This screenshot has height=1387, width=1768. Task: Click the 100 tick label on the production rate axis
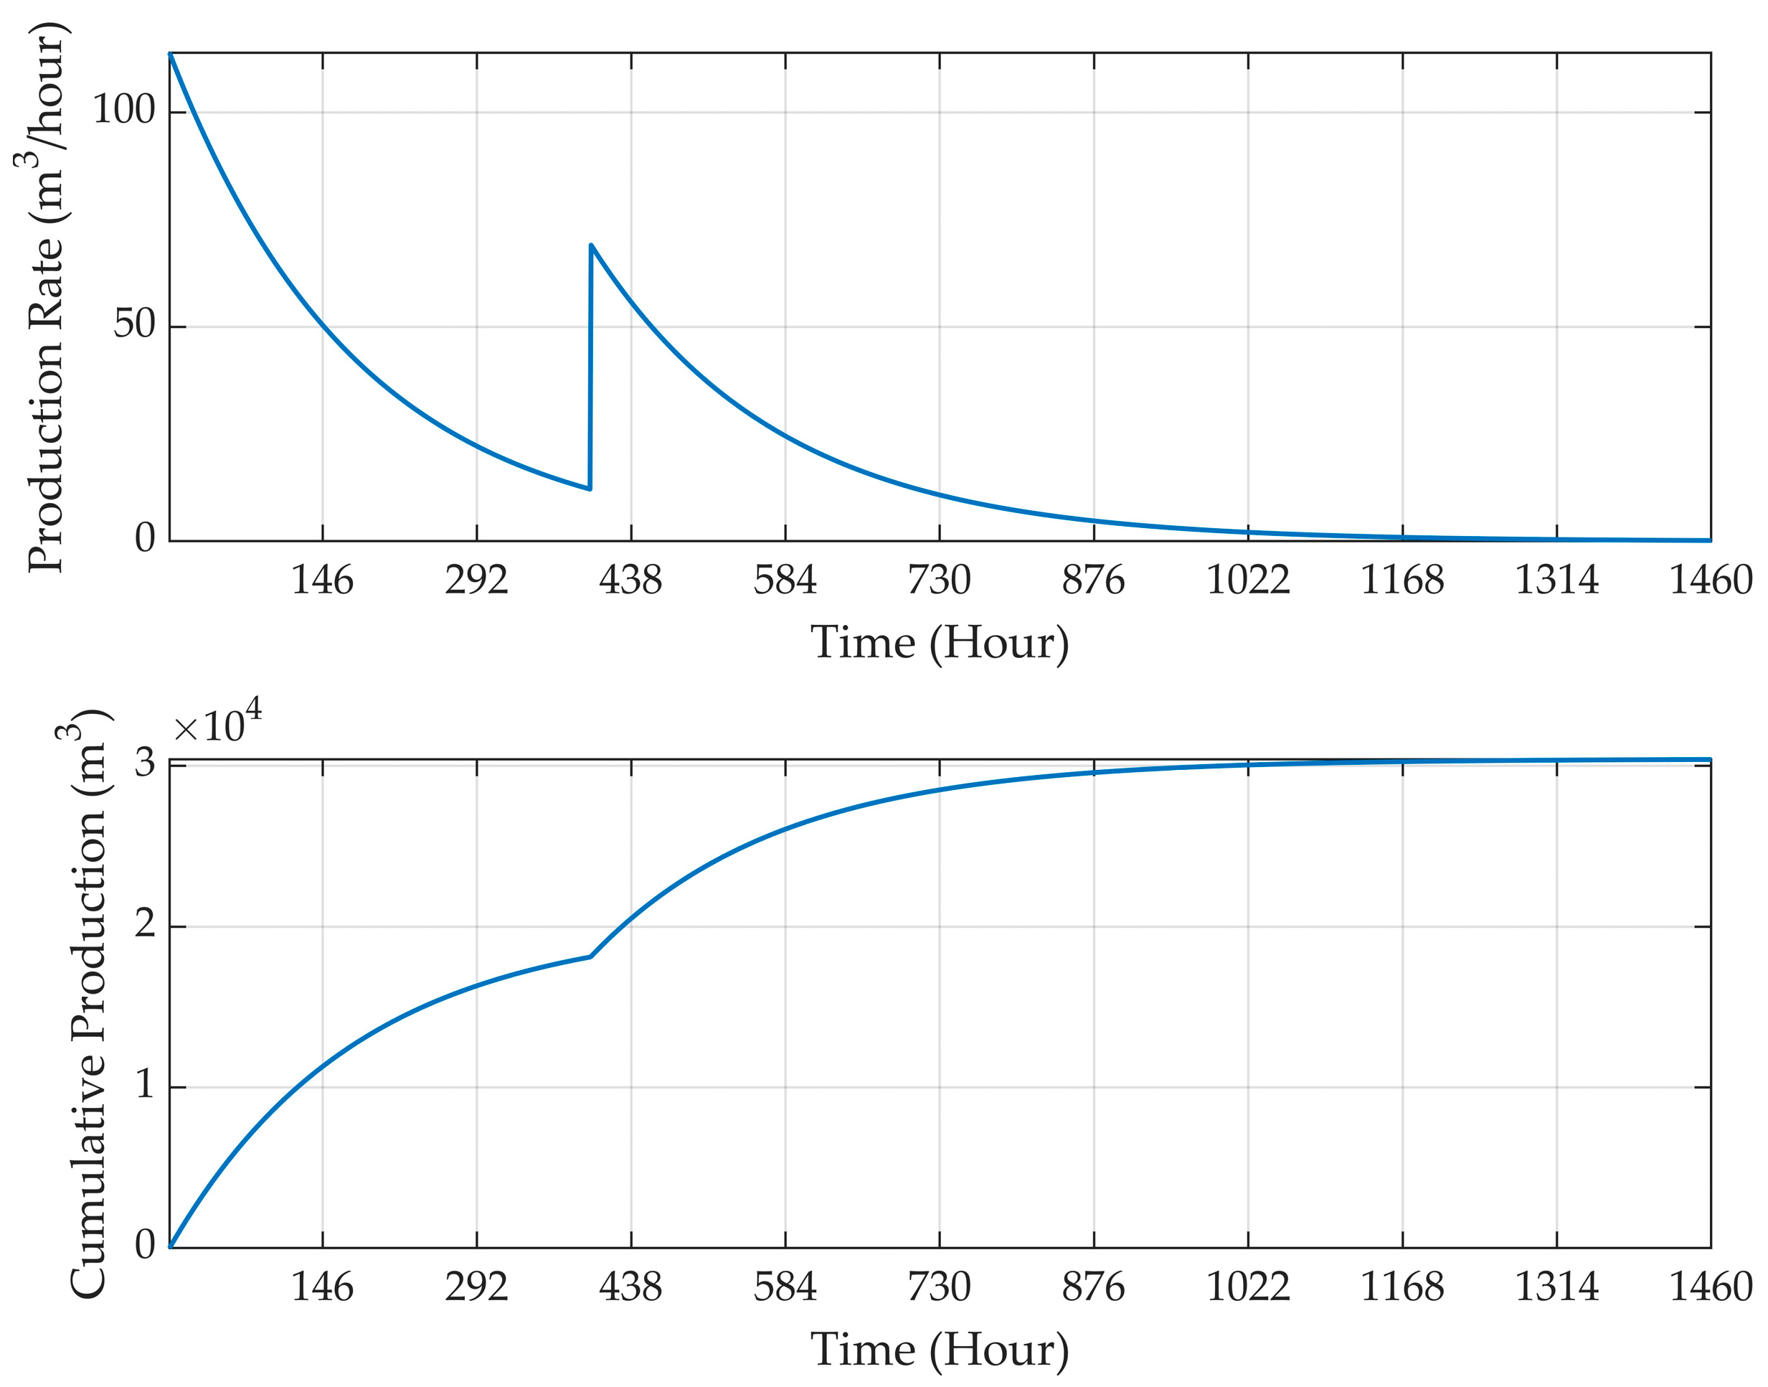point(123,110)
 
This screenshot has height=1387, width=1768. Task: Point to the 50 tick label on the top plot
point(134,324)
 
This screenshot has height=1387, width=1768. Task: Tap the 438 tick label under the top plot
point(630,580)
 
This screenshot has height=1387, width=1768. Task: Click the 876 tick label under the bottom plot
point(1093,1287)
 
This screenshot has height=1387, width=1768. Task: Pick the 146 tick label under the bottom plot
point(322,1287)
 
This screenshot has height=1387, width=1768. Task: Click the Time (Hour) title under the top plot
point(939,642)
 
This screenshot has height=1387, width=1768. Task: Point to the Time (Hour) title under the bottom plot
point(939,1349)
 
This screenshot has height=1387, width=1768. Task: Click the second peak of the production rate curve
point(591,245)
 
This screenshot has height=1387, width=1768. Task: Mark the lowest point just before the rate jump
point(590,489)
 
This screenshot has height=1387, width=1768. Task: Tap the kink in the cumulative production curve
point(590,956)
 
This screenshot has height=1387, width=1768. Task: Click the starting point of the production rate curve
point(170,54)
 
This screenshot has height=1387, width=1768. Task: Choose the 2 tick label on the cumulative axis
point(144,923)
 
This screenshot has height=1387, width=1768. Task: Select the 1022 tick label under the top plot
point(1248,580)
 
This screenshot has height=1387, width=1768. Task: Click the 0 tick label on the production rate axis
point(144,537)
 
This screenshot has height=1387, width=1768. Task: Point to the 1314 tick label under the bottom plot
point(1556,1287)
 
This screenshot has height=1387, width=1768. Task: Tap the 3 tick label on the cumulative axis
point(144,763)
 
